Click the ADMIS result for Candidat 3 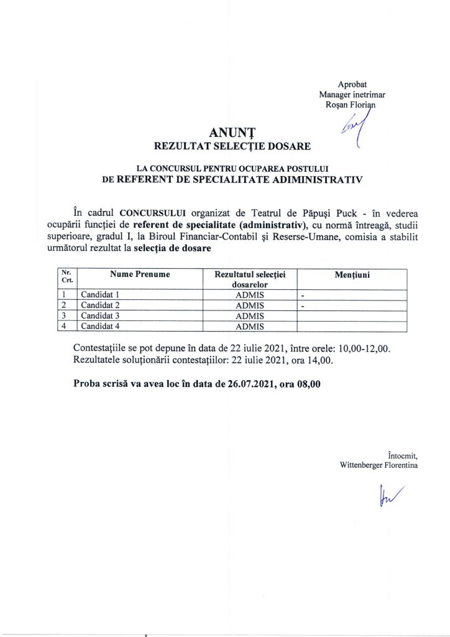(x=250, y=316)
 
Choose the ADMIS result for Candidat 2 (x=250, y=305)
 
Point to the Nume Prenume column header (x=140, y=274)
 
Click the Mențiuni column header (x=352, y=274)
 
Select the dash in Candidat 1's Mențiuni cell (x=303, y=295)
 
